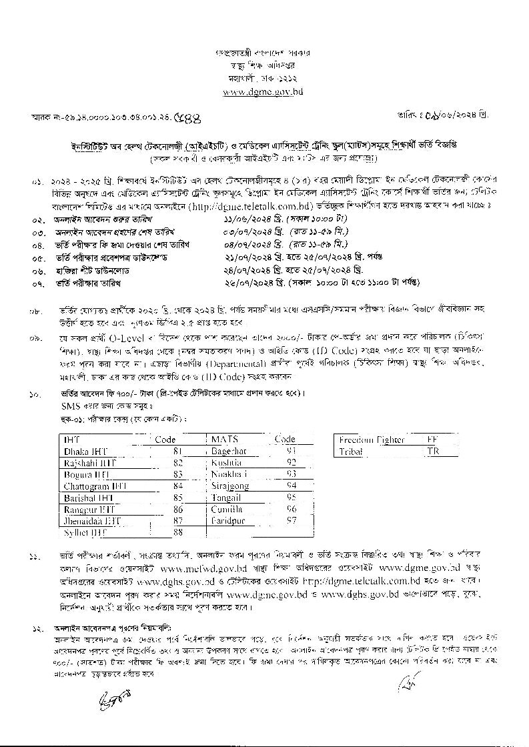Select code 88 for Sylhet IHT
tap(177, 532)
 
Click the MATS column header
tap(225, 440)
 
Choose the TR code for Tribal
tap(433, 452)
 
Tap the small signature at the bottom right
tap(404, 684)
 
